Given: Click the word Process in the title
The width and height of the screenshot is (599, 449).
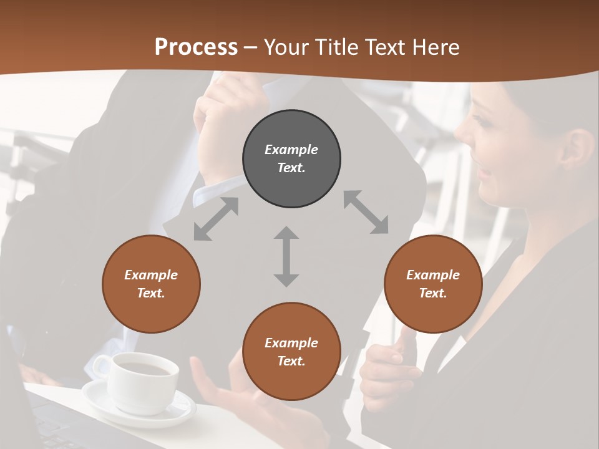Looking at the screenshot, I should click(x=196, y=47).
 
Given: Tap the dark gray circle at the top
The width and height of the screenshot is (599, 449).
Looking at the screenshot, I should click(x=291, y=159).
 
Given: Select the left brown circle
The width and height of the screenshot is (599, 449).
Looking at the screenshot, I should click(x=151, y=284).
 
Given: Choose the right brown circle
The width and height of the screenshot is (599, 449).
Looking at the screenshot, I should click(x=433, y=284).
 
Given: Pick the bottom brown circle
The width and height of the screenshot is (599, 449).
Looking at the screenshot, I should click(x=291, y=352).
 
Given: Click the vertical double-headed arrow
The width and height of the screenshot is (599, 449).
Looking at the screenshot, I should click(x=286, y=256).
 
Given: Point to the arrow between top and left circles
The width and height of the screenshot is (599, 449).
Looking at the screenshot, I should click(x=216, y=219).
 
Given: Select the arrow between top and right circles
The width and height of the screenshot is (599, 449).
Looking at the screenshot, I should click(x=366, y=212).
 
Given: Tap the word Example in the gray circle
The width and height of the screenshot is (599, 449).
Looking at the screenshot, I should click(x=291, y=150).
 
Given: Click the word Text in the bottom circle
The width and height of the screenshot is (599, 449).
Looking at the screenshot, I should click(x=290, y=361).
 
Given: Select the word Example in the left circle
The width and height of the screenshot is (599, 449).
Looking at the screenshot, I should click(x=151, y=275).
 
